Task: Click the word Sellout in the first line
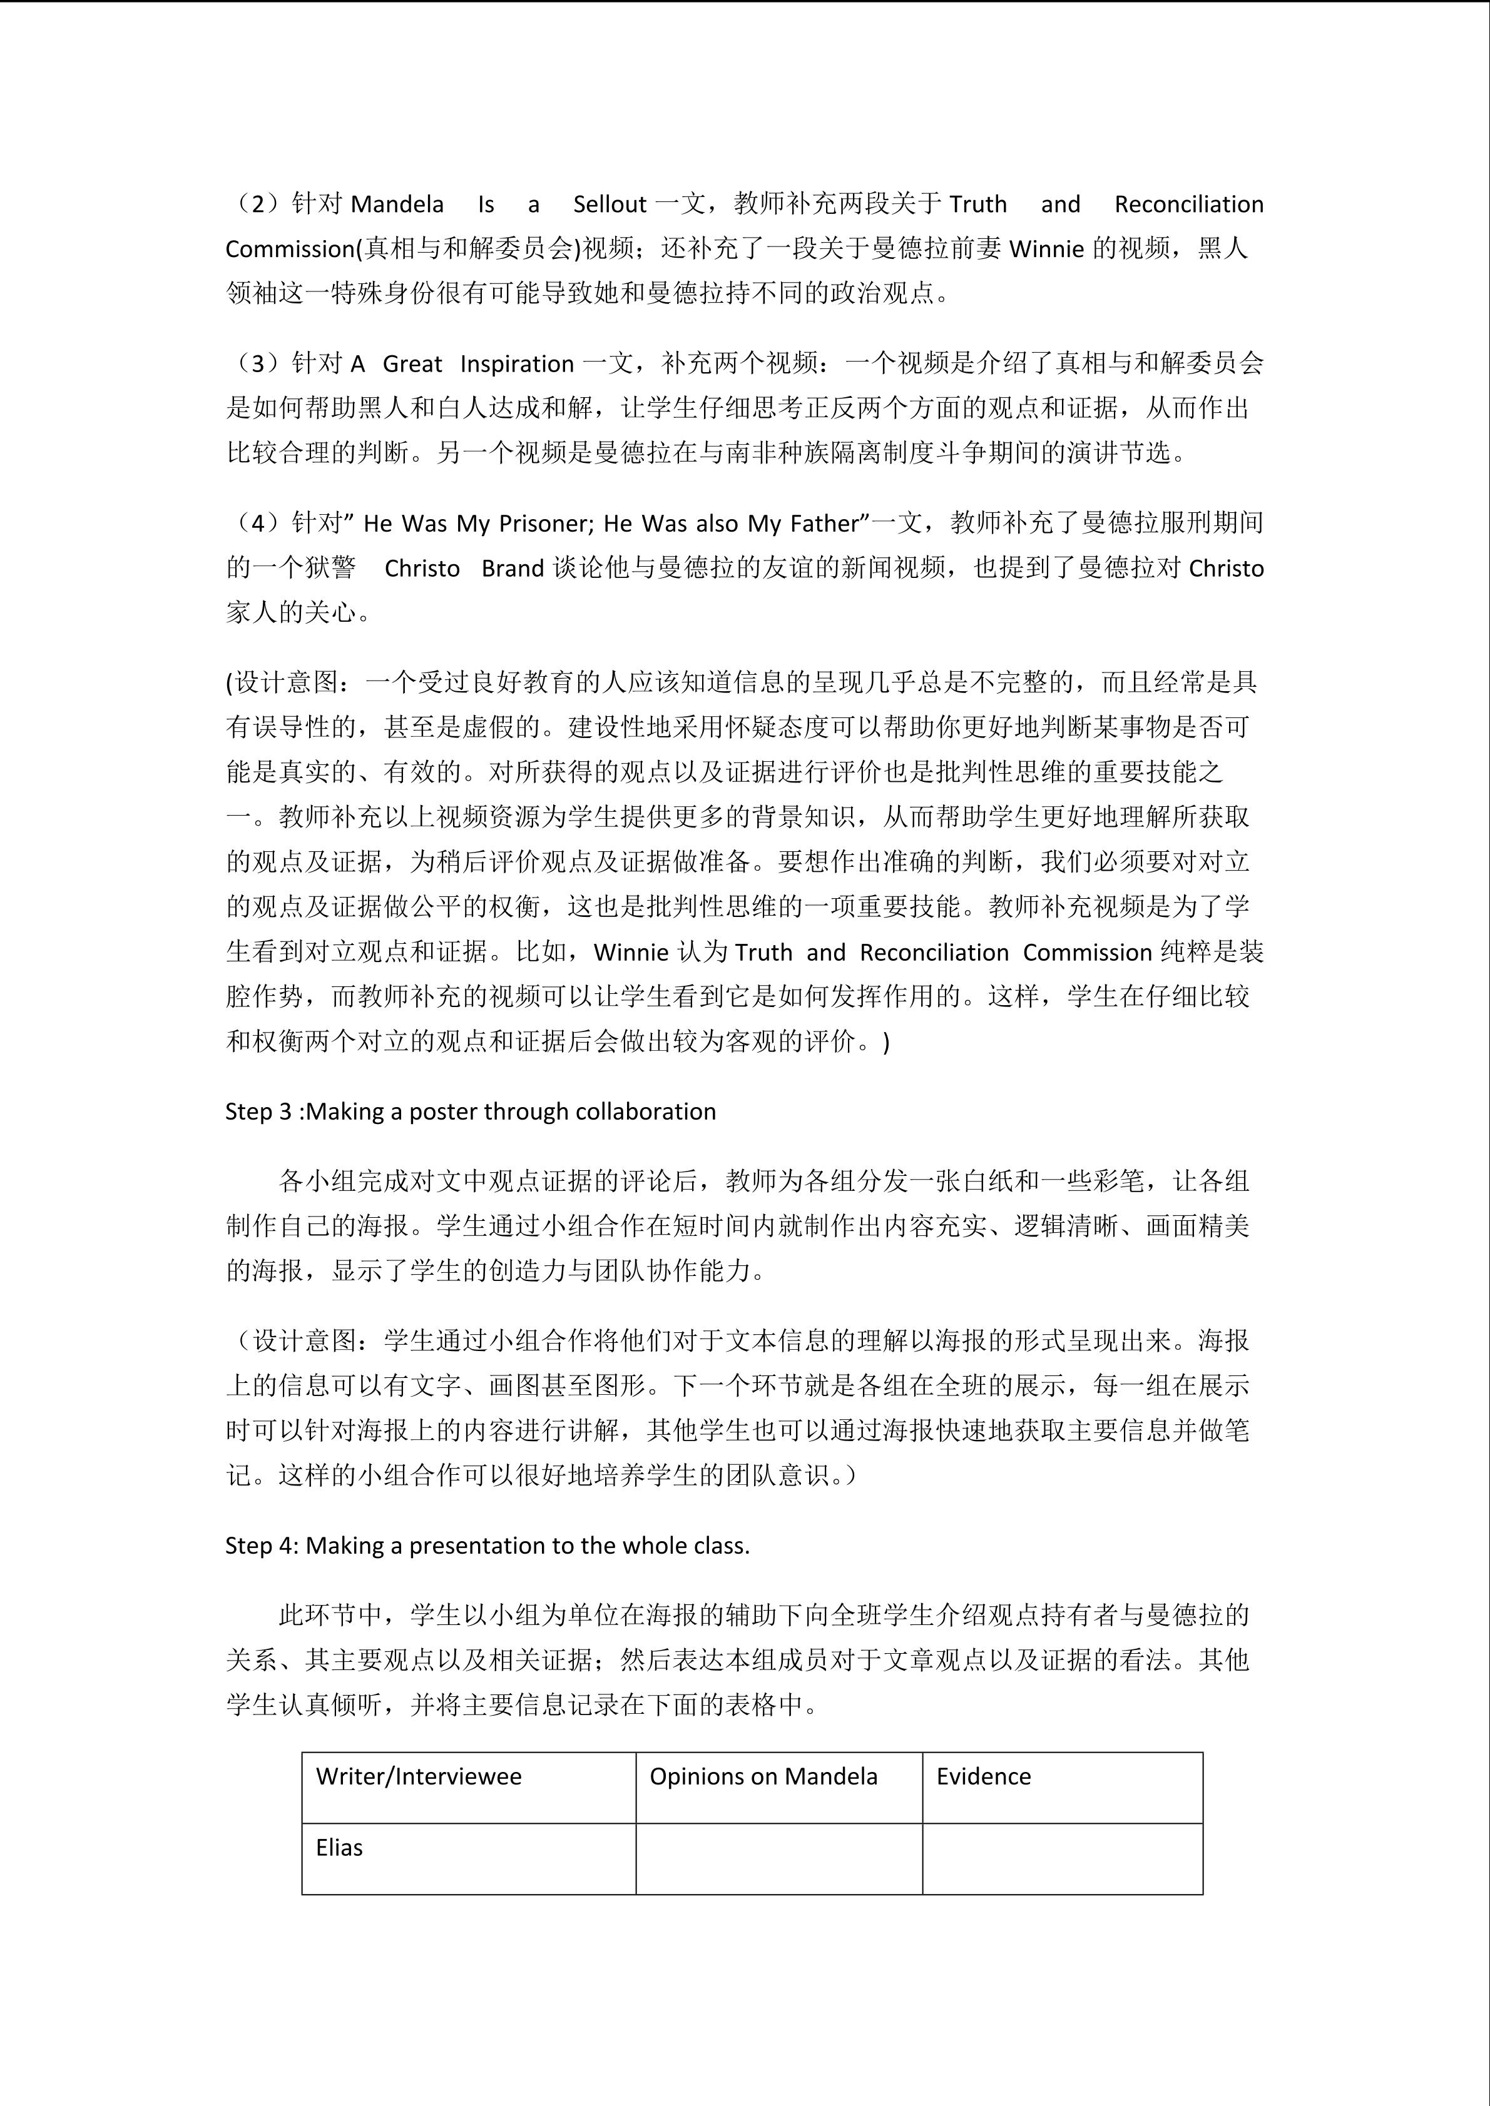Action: pos(610,205)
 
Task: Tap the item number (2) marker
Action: pos(258,205)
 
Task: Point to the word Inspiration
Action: pos(516,364)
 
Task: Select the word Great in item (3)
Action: pos(412,364)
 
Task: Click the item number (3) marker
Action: pos(258,364)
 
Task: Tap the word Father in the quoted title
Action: pos(823,524)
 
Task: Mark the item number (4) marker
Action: pos(258,524)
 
